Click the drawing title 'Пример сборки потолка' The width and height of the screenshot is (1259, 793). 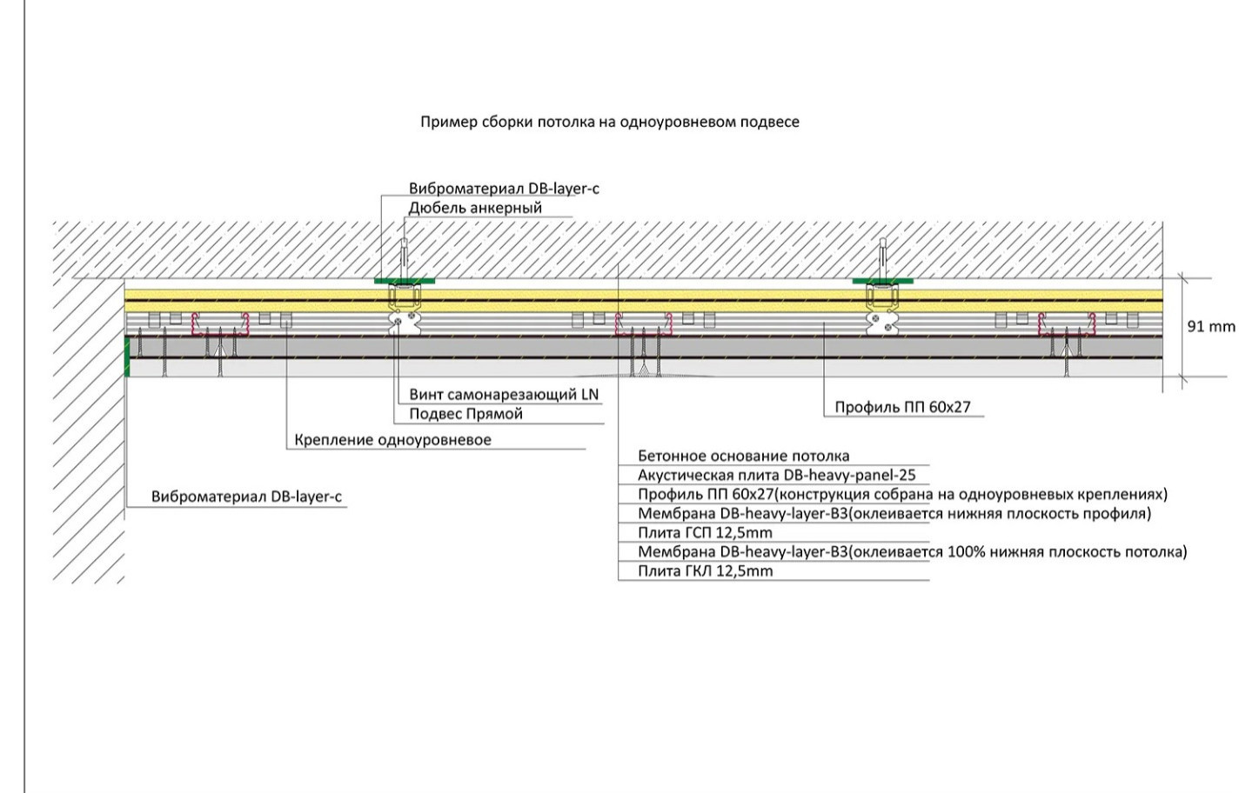[609, 122]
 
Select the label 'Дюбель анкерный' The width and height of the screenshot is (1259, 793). [475, 208]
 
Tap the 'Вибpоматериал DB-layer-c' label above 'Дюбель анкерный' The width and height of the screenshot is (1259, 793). [504, 189]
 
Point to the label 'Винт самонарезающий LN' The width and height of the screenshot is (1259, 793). [504, 395]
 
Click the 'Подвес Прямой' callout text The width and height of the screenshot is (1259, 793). [465, 414]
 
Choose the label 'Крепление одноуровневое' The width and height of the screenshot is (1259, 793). [392, 440]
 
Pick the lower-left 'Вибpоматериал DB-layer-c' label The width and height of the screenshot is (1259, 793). [246, 497]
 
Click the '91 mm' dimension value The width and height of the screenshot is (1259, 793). [1211, 327]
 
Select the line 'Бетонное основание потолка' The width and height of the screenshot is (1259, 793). [743, 456]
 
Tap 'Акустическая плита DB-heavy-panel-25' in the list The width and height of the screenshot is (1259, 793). [776, 476]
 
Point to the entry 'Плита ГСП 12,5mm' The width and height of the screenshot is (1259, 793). [705, 533]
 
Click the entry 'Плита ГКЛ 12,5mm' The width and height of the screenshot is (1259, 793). [705, 571]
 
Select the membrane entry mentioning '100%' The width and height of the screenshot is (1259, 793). [912, 552]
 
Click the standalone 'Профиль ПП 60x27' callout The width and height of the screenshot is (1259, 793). [902, 407]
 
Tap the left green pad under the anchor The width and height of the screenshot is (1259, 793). [405, 281]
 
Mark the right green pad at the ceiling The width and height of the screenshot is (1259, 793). [883, 281]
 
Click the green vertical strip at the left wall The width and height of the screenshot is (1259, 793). [127, 357]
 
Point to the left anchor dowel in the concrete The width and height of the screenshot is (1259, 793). [403, 257]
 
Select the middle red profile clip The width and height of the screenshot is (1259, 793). [645, 325]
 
